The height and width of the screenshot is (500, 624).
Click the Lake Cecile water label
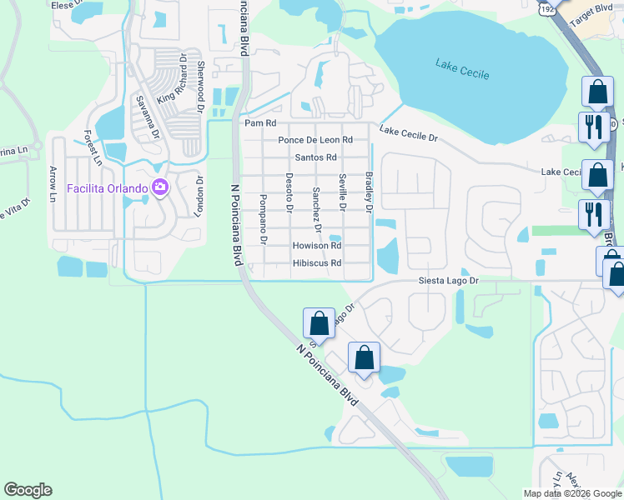tap(461, 68)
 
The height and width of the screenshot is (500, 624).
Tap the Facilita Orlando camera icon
tap(159, 187)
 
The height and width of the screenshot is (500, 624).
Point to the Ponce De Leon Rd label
tap(315, 140)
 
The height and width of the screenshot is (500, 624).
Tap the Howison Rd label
tap(317, 246)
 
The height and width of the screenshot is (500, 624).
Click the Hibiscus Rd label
tap(317, 263)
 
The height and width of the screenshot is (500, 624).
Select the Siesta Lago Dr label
tap(449, 282)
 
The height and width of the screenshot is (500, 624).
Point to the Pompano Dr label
tap(263, 218)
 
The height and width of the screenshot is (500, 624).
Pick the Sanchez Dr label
tap(317, 208)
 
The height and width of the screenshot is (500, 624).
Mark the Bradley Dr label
tap(368, 191)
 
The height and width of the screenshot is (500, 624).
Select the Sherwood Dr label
tap(199, 82)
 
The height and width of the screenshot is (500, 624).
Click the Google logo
tap(28, 490)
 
